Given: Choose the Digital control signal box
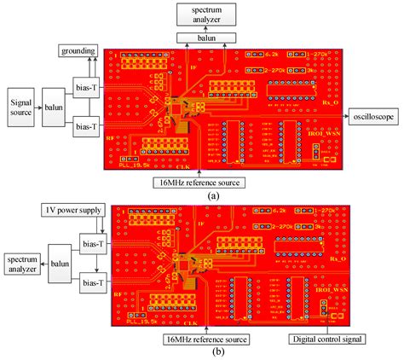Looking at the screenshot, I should (x=328, y=339).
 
